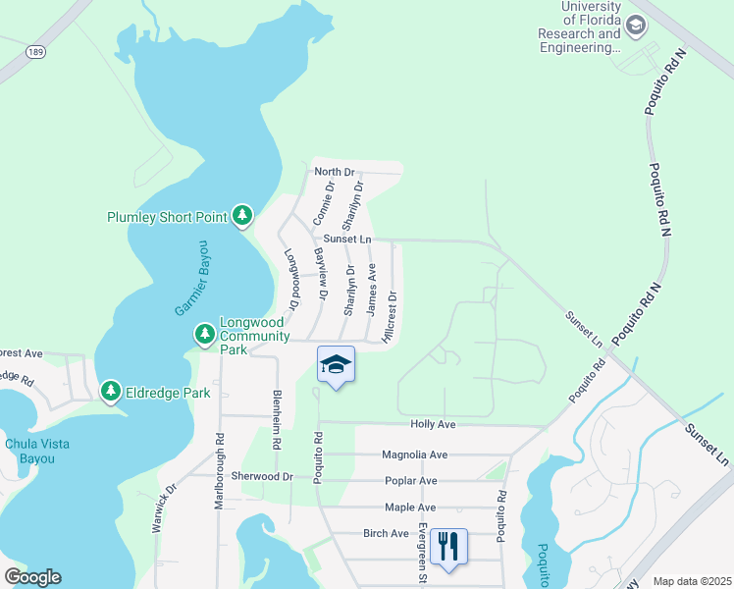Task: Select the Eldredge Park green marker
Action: (x=111, y=393)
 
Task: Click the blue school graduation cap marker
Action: (x=336, y=364)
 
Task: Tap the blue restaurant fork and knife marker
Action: (x=448, y=546)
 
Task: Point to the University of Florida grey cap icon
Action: (x=636, y=25)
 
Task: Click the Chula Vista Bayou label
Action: (x=37, y=451)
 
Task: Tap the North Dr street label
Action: (x=333, y=172)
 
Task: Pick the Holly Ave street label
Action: (x=433, y=424)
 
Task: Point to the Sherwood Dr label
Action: (x=262, y=476)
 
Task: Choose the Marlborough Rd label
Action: (x=219, y=471)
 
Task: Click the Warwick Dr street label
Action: (x=163, y=507)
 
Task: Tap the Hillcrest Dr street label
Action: (x=391, y=315)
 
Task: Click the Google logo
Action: (x=32, y=577)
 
